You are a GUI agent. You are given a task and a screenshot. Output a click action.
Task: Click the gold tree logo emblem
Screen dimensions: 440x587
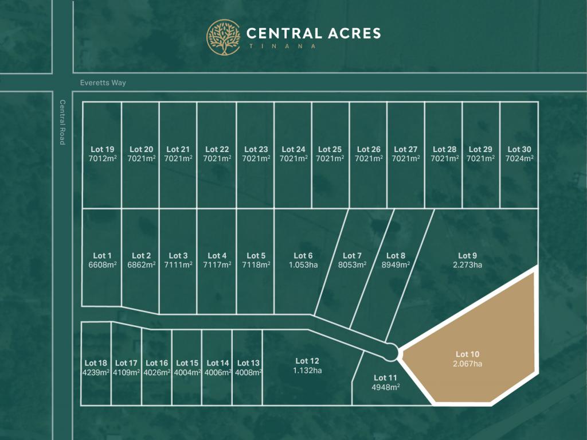(224, 37)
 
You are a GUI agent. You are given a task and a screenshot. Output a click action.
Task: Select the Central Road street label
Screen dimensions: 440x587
(62, 122)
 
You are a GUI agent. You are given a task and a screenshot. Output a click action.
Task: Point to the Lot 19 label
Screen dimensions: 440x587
(102, 150)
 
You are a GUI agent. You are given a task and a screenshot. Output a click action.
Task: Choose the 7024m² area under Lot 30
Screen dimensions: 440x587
(519, 159)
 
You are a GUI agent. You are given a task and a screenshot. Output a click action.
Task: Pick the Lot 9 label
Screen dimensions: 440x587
(467, 256)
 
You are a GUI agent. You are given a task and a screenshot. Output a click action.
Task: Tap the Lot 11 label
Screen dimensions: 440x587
(385, 377)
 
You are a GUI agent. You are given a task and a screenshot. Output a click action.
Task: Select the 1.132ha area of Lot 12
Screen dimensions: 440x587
(307, 370)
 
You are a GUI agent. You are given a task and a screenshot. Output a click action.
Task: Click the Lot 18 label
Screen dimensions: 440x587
(96, 363)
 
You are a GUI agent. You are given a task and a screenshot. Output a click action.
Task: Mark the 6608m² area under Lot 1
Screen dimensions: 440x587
(102, 265)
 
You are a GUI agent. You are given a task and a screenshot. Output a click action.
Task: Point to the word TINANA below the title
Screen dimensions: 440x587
(281, 46)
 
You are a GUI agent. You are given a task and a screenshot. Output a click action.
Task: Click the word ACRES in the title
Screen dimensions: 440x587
(347, 33)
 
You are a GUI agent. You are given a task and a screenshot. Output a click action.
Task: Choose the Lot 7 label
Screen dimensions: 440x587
(352, 256)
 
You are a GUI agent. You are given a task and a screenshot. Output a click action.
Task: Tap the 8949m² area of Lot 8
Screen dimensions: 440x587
(396, 265)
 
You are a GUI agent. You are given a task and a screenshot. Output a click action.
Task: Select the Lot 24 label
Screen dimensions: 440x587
(293, 150)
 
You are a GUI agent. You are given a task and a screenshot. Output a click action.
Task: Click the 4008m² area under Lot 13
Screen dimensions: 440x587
(248, 372)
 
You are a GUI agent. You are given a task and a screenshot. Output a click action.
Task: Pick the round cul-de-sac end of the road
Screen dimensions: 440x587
(391, 351)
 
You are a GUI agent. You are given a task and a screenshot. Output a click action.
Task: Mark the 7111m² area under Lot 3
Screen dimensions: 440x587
(178, 265)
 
